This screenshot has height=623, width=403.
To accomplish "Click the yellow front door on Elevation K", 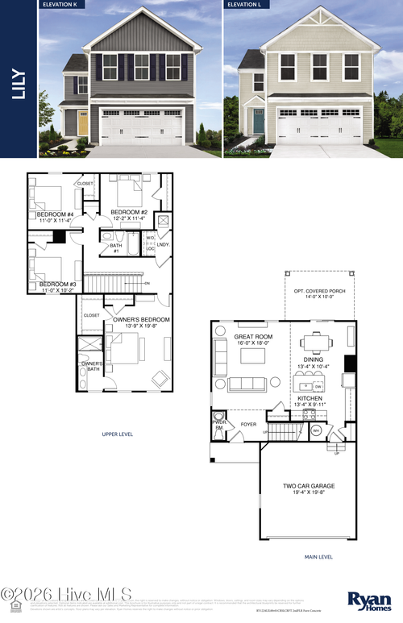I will (x=83, y=123).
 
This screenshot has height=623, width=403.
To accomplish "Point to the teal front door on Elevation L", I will (x=259, y=121).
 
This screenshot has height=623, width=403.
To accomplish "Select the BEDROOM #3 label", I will (x=57, y=284).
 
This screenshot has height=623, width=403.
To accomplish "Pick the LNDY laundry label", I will (x=162, y=244).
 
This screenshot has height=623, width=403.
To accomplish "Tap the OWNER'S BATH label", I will (x=90, y=367).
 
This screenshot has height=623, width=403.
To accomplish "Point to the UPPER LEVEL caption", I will (x=118, y=434).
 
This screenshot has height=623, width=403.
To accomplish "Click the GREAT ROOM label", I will (x=252, y=336).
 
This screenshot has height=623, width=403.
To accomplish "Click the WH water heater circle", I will (x=316, y=430).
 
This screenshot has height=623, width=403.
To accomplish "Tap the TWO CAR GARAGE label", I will (x=309, y=486).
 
